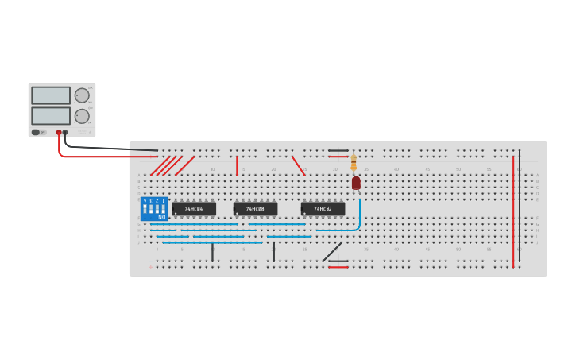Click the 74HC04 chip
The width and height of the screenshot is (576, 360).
(194, 209)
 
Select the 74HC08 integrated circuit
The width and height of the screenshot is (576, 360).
(255, 209)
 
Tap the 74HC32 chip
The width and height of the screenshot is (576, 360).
(323, 209)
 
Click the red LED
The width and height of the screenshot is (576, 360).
(356, 183)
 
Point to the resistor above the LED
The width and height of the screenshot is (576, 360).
(354, 163)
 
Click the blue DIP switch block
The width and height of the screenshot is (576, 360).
(154, 208)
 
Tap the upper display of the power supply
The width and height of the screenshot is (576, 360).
(51, 95)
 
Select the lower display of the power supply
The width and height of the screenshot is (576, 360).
(51, 116)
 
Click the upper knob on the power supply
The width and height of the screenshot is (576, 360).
(82, 95)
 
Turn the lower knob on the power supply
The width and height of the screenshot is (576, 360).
(82, 116)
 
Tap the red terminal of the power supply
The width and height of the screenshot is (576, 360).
(58, 133)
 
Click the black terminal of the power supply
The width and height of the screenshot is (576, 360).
(65, 133)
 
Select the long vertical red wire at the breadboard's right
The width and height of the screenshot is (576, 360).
(513, 211)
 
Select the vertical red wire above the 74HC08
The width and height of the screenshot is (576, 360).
(237, 165)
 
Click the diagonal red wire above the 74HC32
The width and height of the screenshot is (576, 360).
(298, 165)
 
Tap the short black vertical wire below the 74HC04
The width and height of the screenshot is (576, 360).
(212, 252)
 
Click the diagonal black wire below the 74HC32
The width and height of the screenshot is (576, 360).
(332, 252)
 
